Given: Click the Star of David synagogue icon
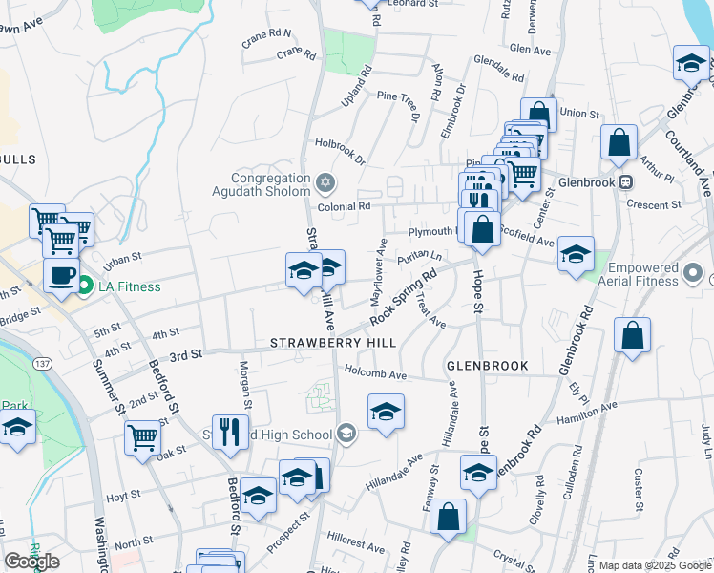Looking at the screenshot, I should coord(325,180).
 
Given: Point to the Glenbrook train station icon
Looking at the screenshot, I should coord(626,181).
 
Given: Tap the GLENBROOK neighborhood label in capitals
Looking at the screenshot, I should coord(480,365).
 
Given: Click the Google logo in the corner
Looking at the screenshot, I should coord(31,561).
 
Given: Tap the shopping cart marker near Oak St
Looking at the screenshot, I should coord(142,437).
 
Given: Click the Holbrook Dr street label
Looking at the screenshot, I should coord(341,152).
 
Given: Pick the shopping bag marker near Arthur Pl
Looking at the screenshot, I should coord(619,143).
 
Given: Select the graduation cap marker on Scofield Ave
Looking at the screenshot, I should coord(576,254).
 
